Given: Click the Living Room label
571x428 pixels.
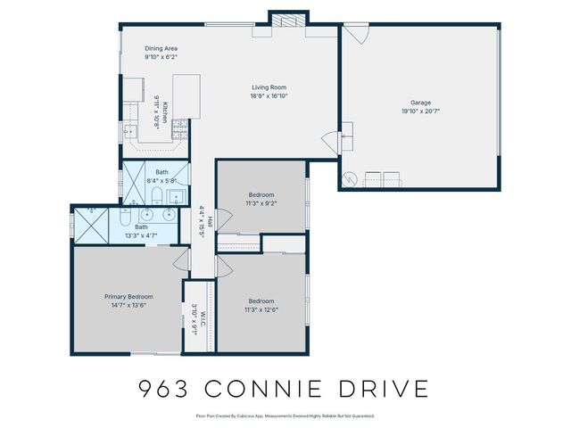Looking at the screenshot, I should pos(269,87).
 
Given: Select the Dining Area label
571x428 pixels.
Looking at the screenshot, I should pos(161,48).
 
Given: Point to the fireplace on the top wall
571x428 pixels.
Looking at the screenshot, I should pos(290,21).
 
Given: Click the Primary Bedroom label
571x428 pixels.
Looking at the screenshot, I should pos(128,296).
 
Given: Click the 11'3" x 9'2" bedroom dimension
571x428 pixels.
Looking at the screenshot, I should pos(261,203).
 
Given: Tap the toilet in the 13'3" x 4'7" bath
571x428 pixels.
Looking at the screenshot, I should pos(126,217).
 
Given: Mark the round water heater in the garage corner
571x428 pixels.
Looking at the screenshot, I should pos(352,177).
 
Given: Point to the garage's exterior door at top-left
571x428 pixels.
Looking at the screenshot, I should pos(356,34).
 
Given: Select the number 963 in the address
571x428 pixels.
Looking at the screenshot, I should pos(165,389).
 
